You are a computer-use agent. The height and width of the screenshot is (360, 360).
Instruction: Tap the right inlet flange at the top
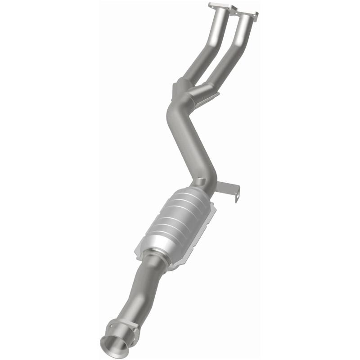pyautogui.click(x=247, y=14)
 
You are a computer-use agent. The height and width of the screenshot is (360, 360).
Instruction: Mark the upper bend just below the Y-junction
pyautogui.click(x=173, y=110)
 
